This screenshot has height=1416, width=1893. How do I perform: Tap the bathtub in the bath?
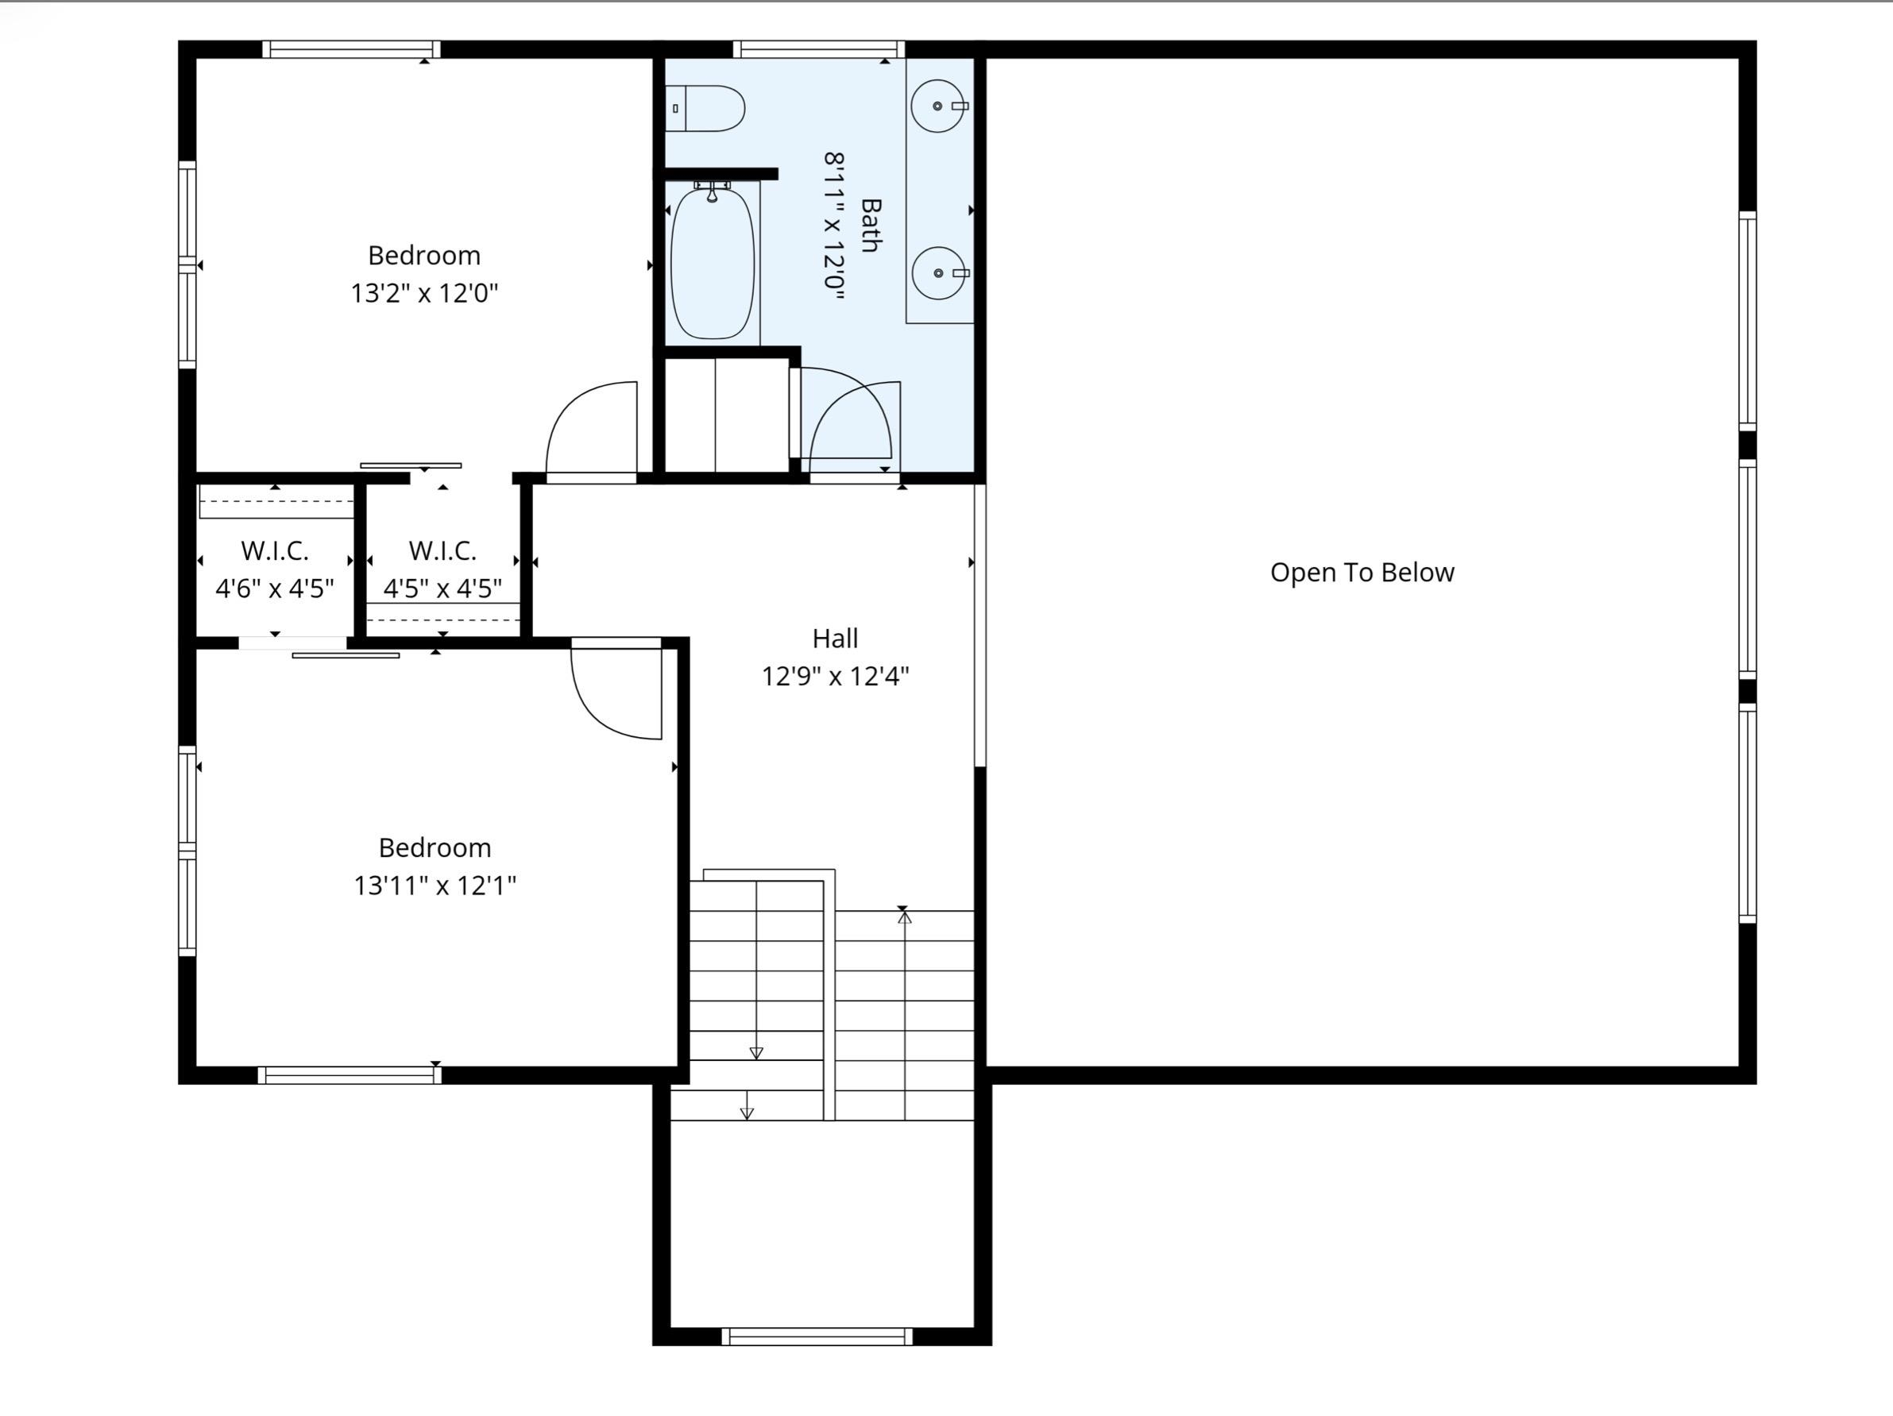click(712, 264)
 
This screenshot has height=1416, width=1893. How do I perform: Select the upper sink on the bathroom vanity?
click(938, 106)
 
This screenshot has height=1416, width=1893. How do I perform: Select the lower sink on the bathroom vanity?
click(939, 273)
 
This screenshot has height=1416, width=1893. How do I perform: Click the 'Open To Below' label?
click(1362, 573)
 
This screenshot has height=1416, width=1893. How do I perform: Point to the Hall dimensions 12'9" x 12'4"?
click(834, 677)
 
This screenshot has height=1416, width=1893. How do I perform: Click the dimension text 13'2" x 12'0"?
click(423, 294)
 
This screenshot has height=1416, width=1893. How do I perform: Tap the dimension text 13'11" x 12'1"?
click(435, 885)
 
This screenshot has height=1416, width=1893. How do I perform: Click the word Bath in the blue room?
click(871, 226)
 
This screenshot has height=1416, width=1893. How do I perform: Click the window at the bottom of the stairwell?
click(817, 1337)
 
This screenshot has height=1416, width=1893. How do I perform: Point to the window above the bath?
click(818, 48)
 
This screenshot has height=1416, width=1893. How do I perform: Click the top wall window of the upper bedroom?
click(351, 48)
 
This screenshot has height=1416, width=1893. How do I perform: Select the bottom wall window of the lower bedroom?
click(350, 1075)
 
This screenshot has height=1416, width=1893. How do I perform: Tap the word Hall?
click(834, 639)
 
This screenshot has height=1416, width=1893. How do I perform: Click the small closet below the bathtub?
click(726, 415)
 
